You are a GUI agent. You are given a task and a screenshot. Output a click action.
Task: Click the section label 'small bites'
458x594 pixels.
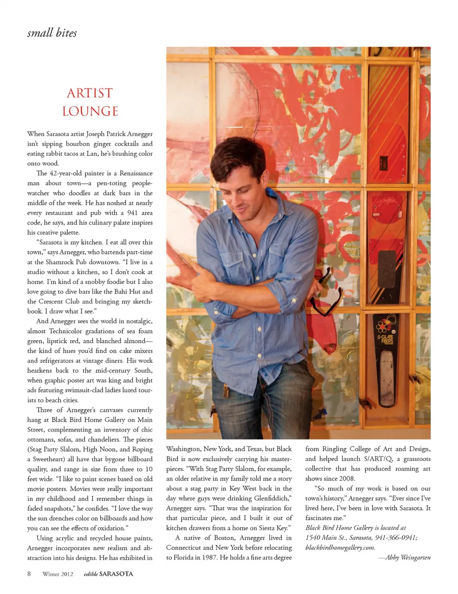(x=52, y=33)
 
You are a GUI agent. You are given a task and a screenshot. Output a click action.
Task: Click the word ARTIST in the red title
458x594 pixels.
(x=90, y=93)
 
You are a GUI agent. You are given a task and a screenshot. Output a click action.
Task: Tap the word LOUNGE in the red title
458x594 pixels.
(x=90, y=111)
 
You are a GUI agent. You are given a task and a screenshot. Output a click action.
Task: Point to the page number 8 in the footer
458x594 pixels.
(x=29, y=573)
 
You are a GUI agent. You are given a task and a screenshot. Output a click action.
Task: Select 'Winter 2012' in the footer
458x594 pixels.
(x=58, y=574)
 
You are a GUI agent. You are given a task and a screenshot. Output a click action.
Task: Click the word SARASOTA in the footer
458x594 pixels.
(x=116, y=574)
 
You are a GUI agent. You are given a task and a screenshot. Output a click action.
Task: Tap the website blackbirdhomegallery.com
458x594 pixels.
(x=340, y=547)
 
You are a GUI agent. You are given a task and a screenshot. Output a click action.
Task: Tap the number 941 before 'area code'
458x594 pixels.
(x=132, y=213)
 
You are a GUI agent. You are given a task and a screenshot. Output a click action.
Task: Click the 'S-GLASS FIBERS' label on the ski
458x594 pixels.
(x=385, y=340)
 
